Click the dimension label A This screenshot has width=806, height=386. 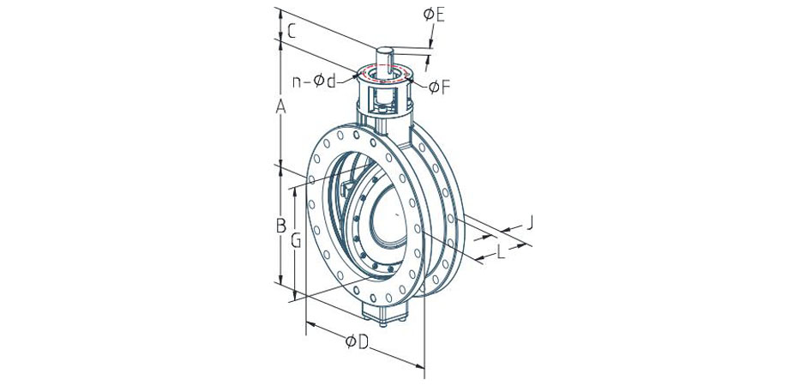point(280,107)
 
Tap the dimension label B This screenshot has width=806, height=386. point(280,225)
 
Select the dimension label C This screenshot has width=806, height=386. point(291,32)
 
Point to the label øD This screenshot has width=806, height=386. point(358,341)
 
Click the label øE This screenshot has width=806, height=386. point(434,15)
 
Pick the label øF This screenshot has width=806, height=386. point(440,87)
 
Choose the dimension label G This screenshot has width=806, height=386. point(296,240)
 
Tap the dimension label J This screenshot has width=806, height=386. point(530,222)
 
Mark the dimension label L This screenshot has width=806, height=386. point(502,251)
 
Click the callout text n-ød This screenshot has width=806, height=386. point(314,81)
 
